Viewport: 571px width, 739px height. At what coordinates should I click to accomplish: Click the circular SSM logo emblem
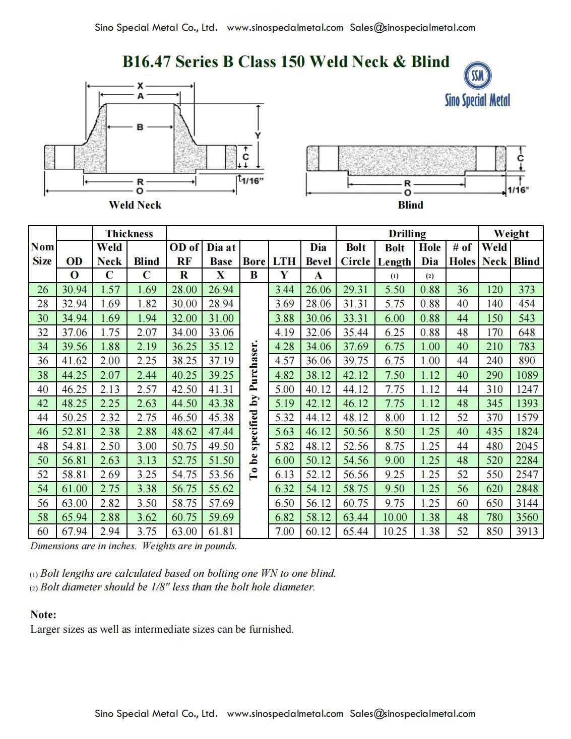tap(477, 76)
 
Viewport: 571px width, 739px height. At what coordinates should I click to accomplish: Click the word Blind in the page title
tap(430, 61)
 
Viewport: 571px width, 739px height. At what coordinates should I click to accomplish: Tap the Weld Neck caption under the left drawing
tap(135, 205)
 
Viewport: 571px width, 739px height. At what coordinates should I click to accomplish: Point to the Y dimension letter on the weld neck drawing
tap(258, 136)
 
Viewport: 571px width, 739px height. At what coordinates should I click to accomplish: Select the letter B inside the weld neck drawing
tap(140, 127)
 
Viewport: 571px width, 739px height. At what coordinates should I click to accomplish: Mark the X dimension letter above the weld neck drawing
tap(140, 86)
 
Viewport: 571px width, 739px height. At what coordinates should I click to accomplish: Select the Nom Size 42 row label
tap(43, 404)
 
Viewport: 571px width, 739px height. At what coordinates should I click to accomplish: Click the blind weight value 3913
tap(527, 531)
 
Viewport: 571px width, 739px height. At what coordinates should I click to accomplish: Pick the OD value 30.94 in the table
tap(75, 290)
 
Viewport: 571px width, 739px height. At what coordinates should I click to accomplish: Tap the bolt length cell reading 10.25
tap(395, 531)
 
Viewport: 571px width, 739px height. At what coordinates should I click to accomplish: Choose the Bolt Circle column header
tap(355, 254)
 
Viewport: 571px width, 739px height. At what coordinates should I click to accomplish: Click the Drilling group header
tap(407, 233)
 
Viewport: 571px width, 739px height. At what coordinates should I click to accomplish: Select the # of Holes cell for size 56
tap(462, 503)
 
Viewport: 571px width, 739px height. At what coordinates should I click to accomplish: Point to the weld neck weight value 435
tap(494, 432)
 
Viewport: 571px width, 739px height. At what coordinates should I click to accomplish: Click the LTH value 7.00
tap(284, 531)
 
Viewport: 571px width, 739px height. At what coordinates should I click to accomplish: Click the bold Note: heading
tap(43, 615)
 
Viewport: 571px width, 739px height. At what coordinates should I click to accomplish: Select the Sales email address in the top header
tap(412, 28)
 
